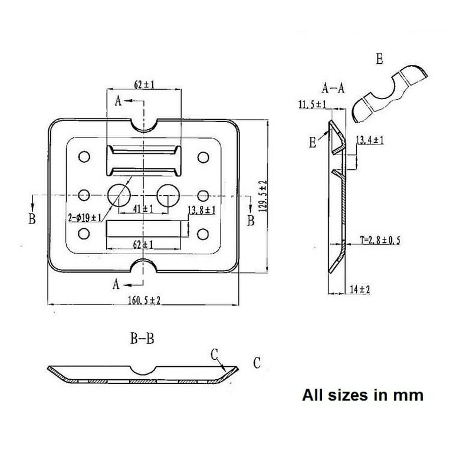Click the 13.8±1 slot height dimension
tap(201, 210)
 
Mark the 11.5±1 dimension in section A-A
tap(313, 104)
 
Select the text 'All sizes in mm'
tap(363, 394)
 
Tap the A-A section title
tap(333, 89)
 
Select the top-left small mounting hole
tap(83, 157)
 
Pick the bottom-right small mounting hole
tap(204, 235)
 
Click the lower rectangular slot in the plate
tap(143, 229)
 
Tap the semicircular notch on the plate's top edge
tap(143, 124)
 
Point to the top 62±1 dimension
tap(144, 85)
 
